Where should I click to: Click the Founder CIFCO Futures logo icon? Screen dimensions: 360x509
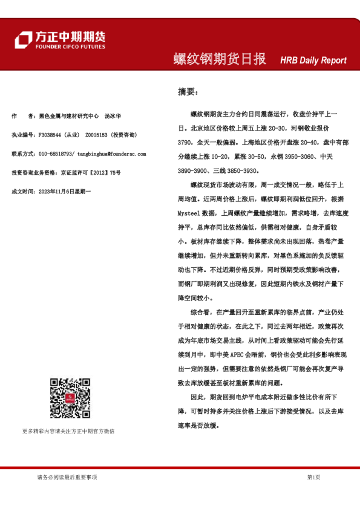point(23,40)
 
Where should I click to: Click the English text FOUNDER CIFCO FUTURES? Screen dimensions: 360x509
point(69,47)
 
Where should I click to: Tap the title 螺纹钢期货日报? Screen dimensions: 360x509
point(220,59)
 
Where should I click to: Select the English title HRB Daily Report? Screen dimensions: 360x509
point(313,60)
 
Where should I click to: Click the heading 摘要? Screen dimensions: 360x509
point(187,92)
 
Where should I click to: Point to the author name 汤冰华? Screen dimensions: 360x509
point(113,115)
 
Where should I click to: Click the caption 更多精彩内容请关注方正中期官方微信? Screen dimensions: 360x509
point(68,431)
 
